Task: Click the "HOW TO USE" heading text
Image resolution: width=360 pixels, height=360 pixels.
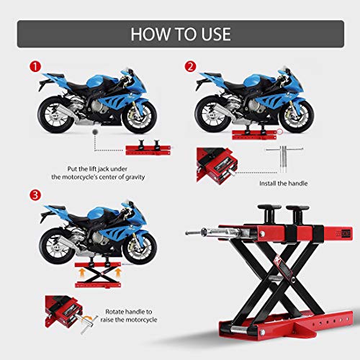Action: click(x=179, y=33)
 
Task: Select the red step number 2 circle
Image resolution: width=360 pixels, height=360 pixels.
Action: click(x=191, y=68)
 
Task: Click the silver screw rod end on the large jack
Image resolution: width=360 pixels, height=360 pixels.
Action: click(x=193, y=235)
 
